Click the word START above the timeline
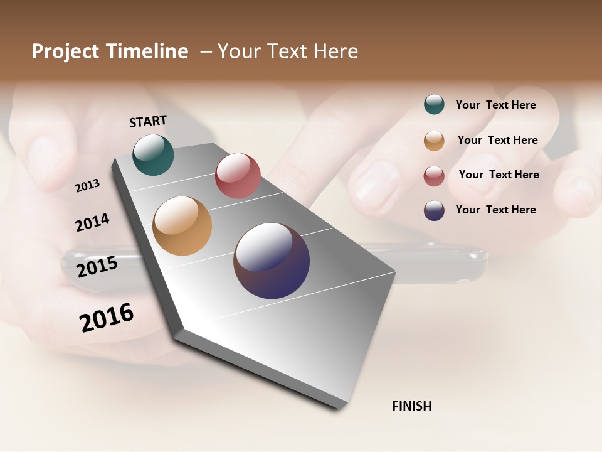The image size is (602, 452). [x=148, y=121]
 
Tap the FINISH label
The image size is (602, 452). [x=411, y=406]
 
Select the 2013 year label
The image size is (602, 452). [x=87, y=185]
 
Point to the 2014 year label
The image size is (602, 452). [x=92, y=222]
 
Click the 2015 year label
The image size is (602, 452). [x=97, y=267]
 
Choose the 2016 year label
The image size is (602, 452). [x=107, y=317]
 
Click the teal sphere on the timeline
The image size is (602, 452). [x=153, y=154]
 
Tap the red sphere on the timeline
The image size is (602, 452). [x=238, y=175]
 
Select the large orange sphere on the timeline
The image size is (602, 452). [x=182, y=226]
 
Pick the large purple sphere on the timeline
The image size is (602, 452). [x=272, y=261]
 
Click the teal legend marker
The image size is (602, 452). [x=434, y=104]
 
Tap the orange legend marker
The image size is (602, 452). [x=434, y=141]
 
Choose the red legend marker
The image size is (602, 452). [x=434, y=176]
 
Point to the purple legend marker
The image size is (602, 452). [x=434, y=210]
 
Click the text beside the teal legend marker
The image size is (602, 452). [x=495, y=105]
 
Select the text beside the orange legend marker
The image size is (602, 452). [x=497, y=140]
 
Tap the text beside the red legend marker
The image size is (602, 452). [x=499, y=175]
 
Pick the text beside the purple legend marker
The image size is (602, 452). [x=495, y=210]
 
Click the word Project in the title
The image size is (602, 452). [x=65, y=51]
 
